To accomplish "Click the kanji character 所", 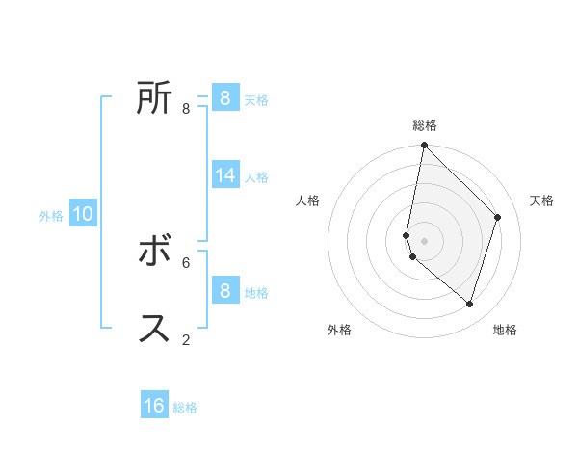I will pos(154,98).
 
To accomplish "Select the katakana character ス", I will pos(154,328).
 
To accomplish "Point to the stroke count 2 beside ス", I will pos(186,339).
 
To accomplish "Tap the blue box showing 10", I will pos(83,214).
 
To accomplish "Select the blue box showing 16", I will pos(154,406).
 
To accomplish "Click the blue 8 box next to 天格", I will pos(224,97).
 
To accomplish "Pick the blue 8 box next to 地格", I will pos(224,290).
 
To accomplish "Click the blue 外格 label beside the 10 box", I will pos(51,216).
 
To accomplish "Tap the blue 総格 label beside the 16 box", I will pos(185,408).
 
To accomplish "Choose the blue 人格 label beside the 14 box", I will pos(256,177).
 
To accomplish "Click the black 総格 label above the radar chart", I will pos(425,125).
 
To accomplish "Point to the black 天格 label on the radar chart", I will pos(542,200).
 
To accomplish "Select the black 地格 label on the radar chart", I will pos(505,330).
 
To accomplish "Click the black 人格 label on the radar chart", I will pos(308,200).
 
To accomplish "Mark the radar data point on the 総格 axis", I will pos(424,146).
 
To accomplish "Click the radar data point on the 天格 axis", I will pos(498,217).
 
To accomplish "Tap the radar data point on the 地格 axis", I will pos(469,304).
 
